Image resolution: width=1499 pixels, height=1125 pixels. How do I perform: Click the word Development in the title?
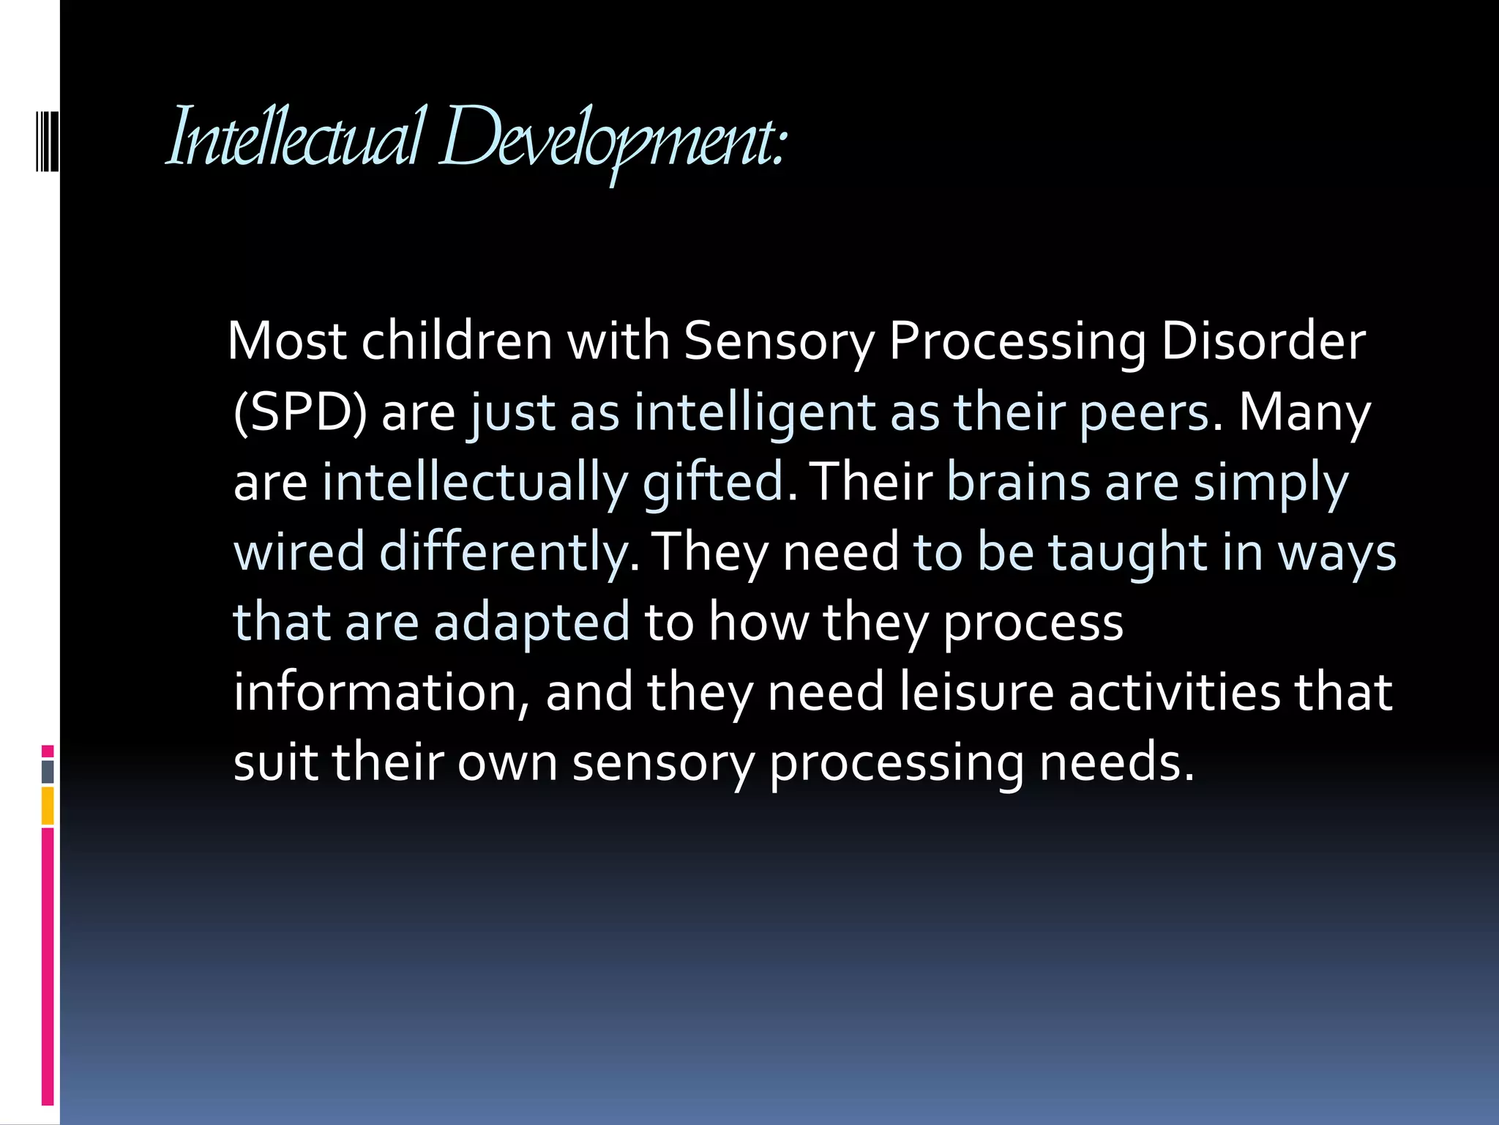tap(611, 139)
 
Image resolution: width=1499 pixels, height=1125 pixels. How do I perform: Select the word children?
tap(457, 341)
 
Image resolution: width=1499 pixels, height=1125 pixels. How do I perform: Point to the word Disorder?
tap(1263, 341)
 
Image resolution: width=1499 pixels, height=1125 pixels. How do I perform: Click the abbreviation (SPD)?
tap(300, 412)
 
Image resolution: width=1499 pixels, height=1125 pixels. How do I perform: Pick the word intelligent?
tap(755, 412)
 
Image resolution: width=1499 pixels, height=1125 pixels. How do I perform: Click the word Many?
tap(1304, 412)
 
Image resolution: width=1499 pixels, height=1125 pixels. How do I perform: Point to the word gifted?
tap(714, 483)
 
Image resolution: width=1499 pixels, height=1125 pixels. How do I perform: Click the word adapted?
tap(531, 622)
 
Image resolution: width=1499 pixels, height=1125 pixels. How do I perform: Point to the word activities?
tap(1174, 691)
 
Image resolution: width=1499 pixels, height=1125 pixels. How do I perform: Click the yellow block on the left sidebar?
tap(48, 806)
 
